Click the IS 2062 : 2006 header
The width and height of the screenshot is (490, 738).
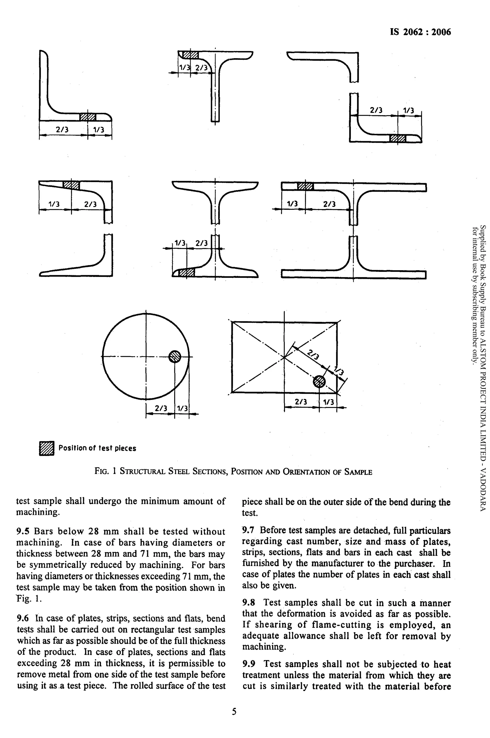pos(420,32)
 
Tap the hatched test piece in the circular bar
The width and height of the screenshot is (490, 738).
pos(175,356)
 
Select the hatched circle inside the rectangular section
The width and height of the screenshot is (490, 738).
pos(319,381)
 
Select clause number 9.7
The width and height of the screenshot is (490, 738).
pos(248,530)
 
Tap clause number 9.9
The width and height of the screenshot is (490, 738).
pos(248,664)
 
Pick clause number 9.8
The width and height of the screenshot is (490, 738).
pos(248,603)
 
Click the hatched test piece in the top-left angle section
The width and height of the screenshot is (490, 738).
pos(88,117)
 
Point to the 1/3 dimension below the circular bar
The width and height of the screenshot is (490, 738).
pos(182,408)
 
